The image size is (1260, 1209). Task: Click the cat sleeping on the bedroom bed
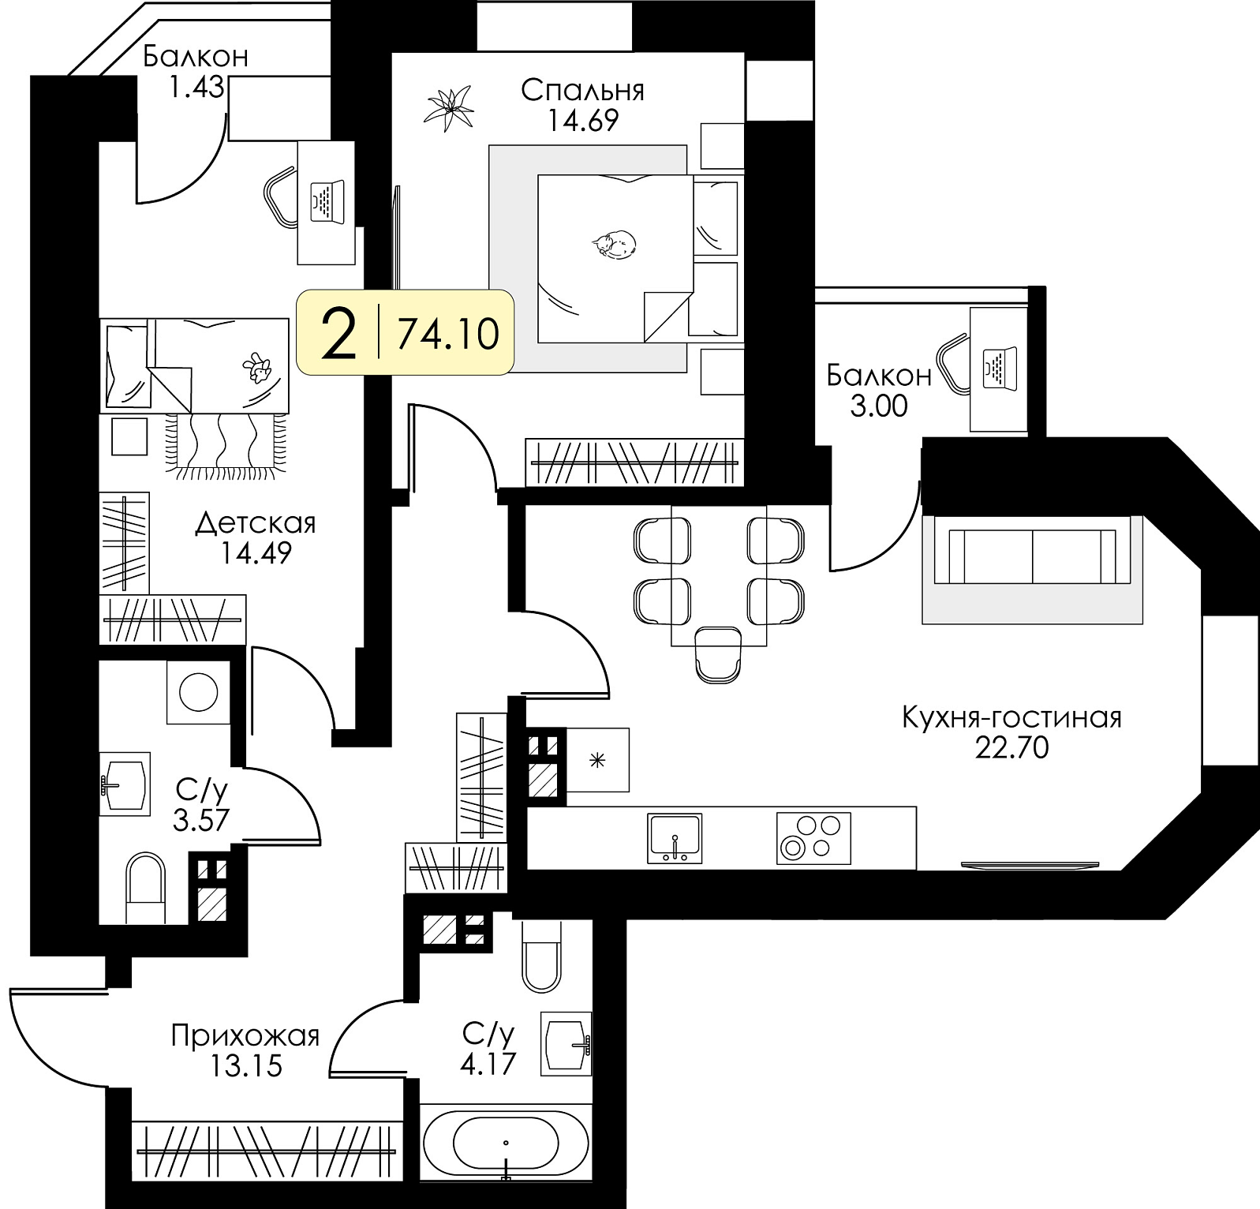(x=614, y=244)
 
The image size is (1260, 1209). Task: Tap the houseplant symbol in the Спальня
(x=450, y=108)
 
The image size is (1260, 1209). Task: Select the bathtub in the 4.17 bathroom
(x=506, y=1142)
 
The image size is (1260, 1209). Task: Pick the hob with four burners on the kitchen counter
(x=813, y=838)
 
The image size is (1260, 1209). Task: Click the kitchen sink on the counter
(x=675, y=838)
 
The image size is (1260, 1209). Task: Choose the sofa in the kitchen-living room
(x=1032, y=556)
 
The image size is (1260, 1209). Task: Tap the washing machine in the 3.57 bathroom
(x=198, y=692)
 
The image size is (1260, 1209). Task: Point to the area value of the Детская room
(x=256, y=552)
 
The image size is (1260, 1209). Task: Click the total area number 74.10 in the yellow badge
(x=448, y=334)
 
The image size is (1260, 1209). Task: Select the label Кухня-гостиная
(x=1011, y=717)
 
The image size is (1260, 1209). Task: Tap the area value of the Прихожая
(x=246, y=1066)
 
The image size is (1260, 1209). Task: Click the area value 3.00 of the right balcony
(x=878, y=406)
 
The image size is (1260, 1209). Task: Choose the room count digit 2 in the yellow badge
(x=340, y=334)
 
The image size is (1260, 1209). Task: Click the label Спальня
(x=582, y=91)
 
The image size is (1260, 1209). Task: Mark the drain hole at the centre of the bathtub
(x=506, y=1142)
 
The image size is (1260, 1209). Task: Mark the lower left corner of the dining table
(x=671, y=646)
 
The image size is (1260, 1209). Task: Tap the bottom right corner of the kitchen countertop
(x=916, y=869)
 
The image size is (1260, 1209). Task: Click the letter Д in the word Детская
(x=205, y=523)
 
